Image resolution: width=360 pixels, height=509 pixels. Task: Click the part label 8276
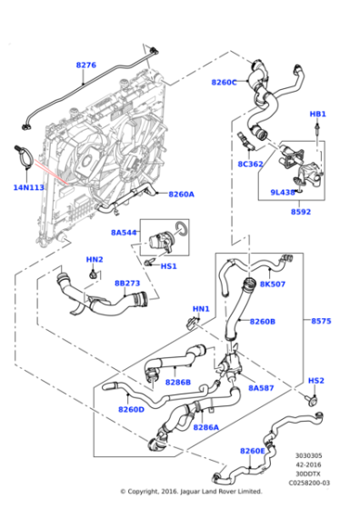pyautogui.click(x=85, y=65)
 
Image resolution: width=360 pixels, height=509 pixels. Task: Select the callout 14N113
pyautogui.click(x=28, y=187)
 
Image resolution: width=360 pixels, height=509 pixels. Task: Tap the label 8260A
pyautogui.click(x=180, y=194)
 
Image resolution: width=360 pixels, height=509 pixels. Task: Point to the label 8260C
pyautogui.click(x=224, y=83)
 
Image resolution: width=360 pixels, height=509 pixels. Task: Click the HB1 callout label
pyautogui.click(x=317, y=115)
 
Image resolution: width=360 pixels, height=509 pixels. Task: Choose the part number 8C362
pyautogui.click(x=251, y=165)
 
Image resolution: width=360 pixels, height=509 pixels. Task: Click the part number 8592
pyautogui.click(x=302, y=212)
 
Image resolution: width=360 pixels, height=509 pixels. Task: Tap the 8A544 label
pyautogui.click(x=124, y=233)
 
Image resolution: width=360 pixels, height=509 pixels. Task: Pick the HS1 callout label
pyautogui.click(x=168, y=265)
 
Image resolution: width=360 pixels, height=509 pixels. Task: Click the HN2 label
pyautogui.click(x=95, y=260)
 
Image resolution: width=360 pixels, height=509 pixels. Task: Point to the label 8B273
pyautogui.click(x=126, y=283)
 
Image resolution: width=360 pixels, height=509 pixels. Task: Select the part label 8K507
pyautogui.click(x=273, y=284)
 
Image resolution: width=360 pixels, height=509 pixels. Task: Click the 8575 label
pyautogui.click(x=322, y=321)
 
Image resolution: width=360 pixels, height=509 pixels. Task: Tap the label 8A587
pyautogui.click(x=261, y=387)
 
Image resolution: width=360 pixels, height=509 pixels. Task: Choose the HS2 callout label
pyautogui.click(x=315, y=380)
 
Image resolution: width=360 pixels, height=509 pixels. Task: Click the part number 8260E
pyautogui.click(x=253, y=451)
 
